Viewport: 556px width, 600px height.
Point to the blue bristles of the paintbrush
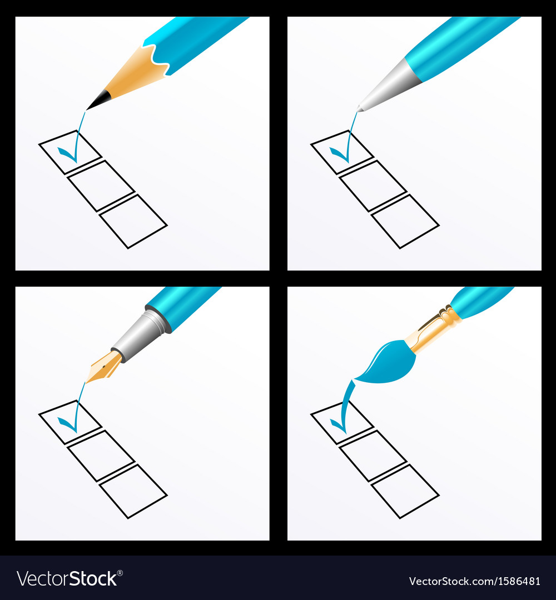point(387,363)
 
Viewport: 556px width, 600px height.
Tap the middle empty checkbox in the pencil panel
point(101,186)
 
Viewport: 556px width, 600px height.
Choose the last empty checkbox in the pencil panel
point(133,222)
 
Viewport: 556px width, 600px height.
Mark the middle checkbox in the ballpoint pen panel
point(373,186)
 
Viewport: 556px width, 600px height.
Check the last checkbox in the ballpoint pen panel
point(405,222)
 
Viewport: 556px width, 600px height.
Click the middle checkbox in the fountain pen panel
point(101,456)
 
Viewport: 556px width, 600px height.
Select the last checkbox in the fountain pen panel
point(133,491)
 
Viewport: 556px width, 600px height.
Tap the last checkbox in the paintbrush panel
point(405,491)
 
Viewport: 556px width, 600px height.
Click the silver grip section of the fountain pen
point(141,336)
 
